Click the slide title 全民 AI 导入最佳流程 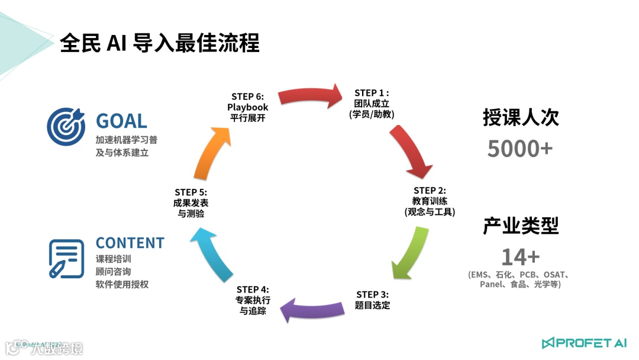(160, 43)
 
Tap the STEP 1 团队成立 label (372, 104)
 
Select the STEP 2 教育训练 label (430, 201)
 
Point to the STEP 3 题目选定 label (373, 300)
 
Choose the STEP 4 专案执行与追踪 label (253, 300)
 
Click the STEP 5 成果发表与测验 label (191, 202)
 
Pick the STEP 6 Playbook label (247, 107)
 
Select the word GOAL (121, 121)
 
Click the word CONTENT (130, 243)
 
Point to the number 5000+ (520, 149)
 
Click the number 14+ (520, 257)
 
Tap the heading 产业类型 (521, 226)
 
